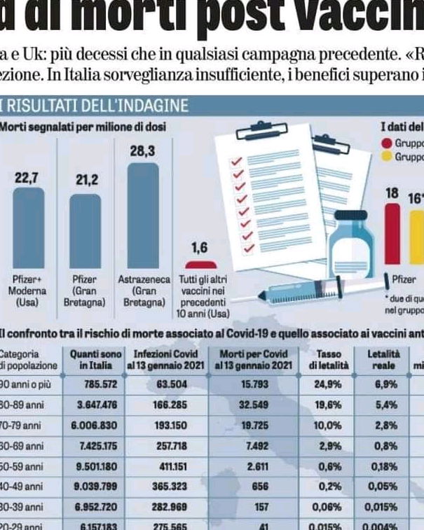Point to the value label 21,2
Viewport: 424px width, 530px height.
88,180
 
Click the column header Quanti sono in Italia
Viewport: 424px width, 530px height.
95,360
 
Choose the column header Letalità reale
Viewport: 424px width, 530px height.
384,360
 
